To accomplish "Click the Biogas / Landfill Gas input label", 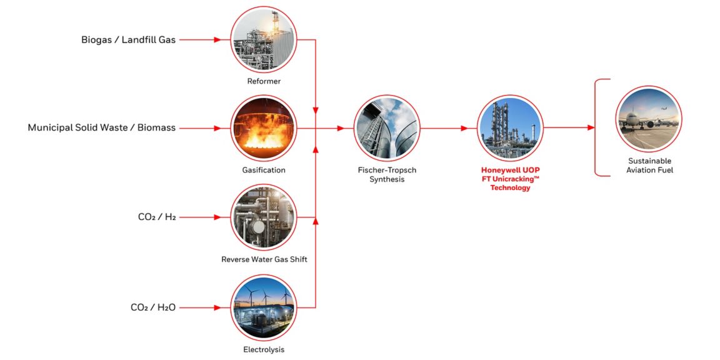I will pyautogui.click(x=128, y=39).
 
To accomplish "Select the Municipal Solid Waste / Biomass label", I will pyautogui.click(x=101, y=127).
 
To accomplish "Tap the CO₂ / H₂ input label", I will pyautogui.click(x=157, y=217).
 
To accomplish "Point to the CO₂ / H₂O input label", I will pyautogui.click(x=153, y=307).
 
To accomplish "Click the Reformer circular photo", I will pyautogui.click(x=263, y=39).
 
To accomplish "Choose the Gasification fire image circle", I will pyautogui.click(x=263, y=128).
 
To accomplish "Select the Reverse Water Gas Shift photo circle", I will pyautogui.click(x=263, y=217).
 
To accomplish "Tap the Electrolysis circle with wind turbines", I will pyautogui.click(x=263, y=307).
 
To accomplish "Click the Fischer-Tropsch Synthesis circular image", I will pyautogui.click(x=386, y=128).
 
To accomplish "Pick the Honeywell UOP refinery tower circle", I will pyautogui.click(x=510, y=128).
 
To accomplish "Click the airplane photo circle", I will pyautogui.click(x=648, y=119).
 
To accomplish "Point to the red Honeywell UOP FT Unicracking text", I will pyautogui.click(x=510, y=179).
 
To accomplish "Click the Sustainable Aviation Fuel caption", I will pyautogui.click(x=650, y=166).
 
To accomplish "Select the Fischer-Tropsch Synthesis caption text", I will pyautogui.click(x=386, y=174).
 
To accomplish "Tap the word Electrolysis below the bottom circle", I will pyautogui.click(x=263, y=349).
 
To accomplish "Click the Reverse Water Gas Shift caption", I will pyautogui.click(x=264, y=259).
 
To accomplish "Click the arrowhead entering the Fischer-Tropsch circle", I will pyautogui.click(x=341, y=128).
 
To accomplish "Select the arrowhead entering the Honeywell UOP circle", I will pyautogui.click(x=464, y=128).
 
